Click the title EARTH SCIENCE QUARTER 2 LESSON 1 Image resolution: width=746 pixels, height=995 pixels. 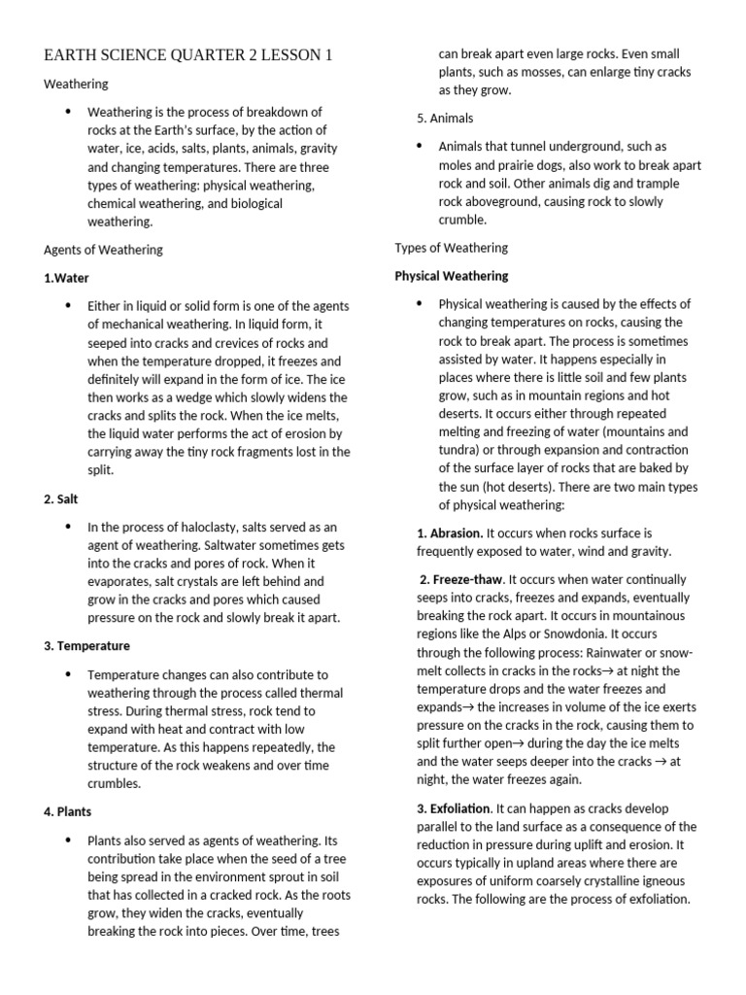[187, 56]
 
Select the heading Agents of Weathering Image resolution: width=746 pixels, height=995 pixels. [103, 250]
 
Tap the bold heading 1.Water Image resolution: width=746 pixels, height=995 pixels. [66, 278]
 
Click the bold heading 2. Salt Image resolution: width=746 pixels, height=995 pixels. [61, 498]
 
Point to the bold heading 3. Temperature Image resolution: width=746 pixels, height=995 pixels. [86, 645]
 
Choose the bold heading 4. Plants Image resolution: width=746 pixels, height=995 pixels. [68, 810]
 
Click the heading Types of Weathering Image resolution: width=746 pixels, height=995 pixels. [451, 248]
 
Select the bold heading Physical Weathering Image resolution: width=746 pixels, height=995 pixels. [451, 276]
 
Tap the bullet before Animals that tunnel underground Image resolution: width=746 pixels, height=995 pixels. [419, 146]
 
